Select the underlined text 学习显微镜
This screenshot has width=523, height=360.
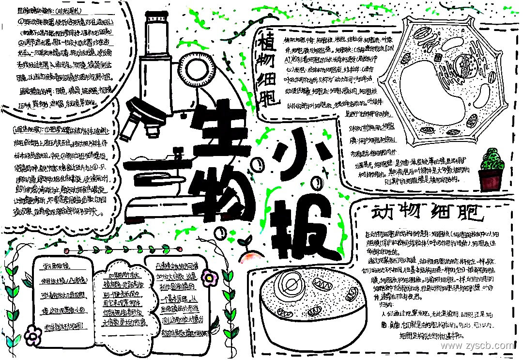tap(59, 266)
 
